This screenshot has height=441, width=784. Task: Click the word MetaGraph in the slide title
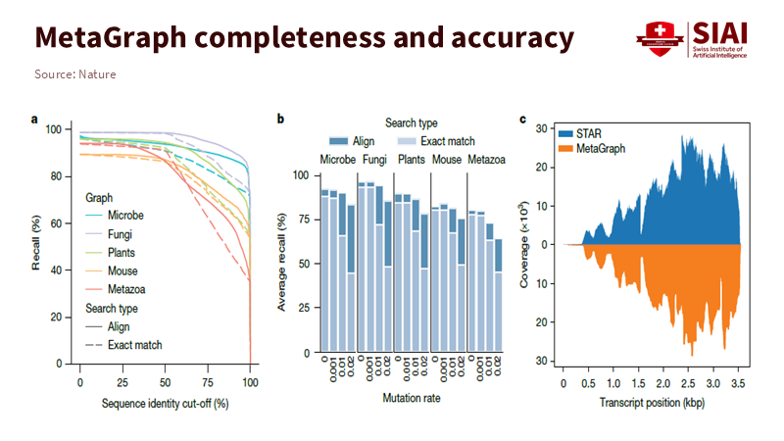click(x=111, y=38)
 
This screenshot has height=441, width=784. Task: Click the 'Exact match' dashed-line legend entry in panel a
click(x=135, y=345)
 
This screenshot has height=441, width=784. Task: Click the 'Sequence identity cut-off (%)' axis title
click(x=164, y=404)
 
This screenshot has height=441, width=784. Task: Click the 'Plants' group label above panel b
click(x=410, y=158)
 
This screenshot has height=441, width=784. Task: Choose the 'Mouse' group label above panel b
click(x=447, y=158)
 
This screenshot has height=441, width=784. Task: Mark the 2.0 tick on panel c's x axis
click(x=664, y=381)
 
